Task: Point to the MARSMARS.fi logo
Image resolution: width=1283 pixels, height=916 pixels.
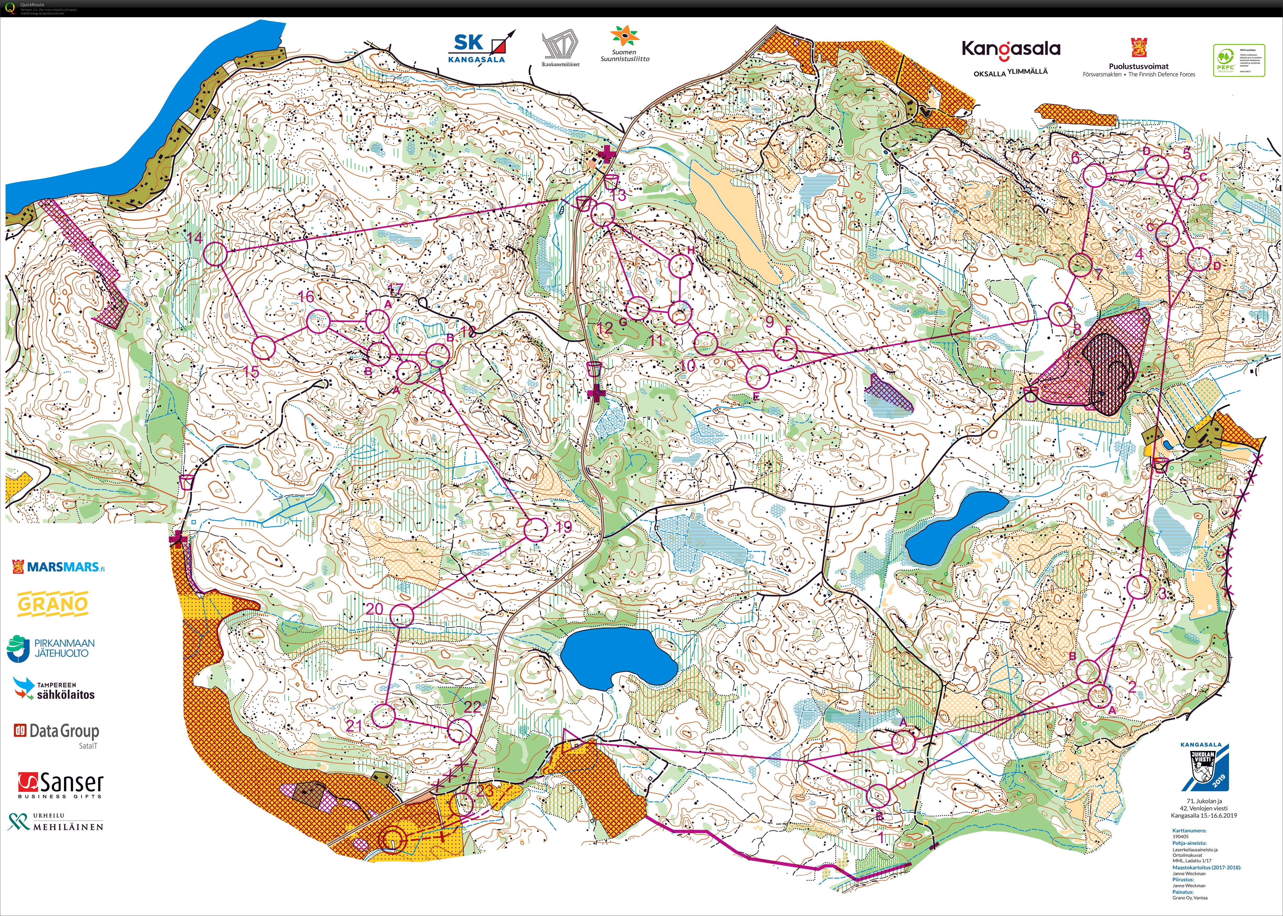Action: [x=58, y=566]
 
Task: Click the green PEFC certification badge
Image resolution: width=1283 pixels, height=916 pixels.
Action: [x=1238, y=60]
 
